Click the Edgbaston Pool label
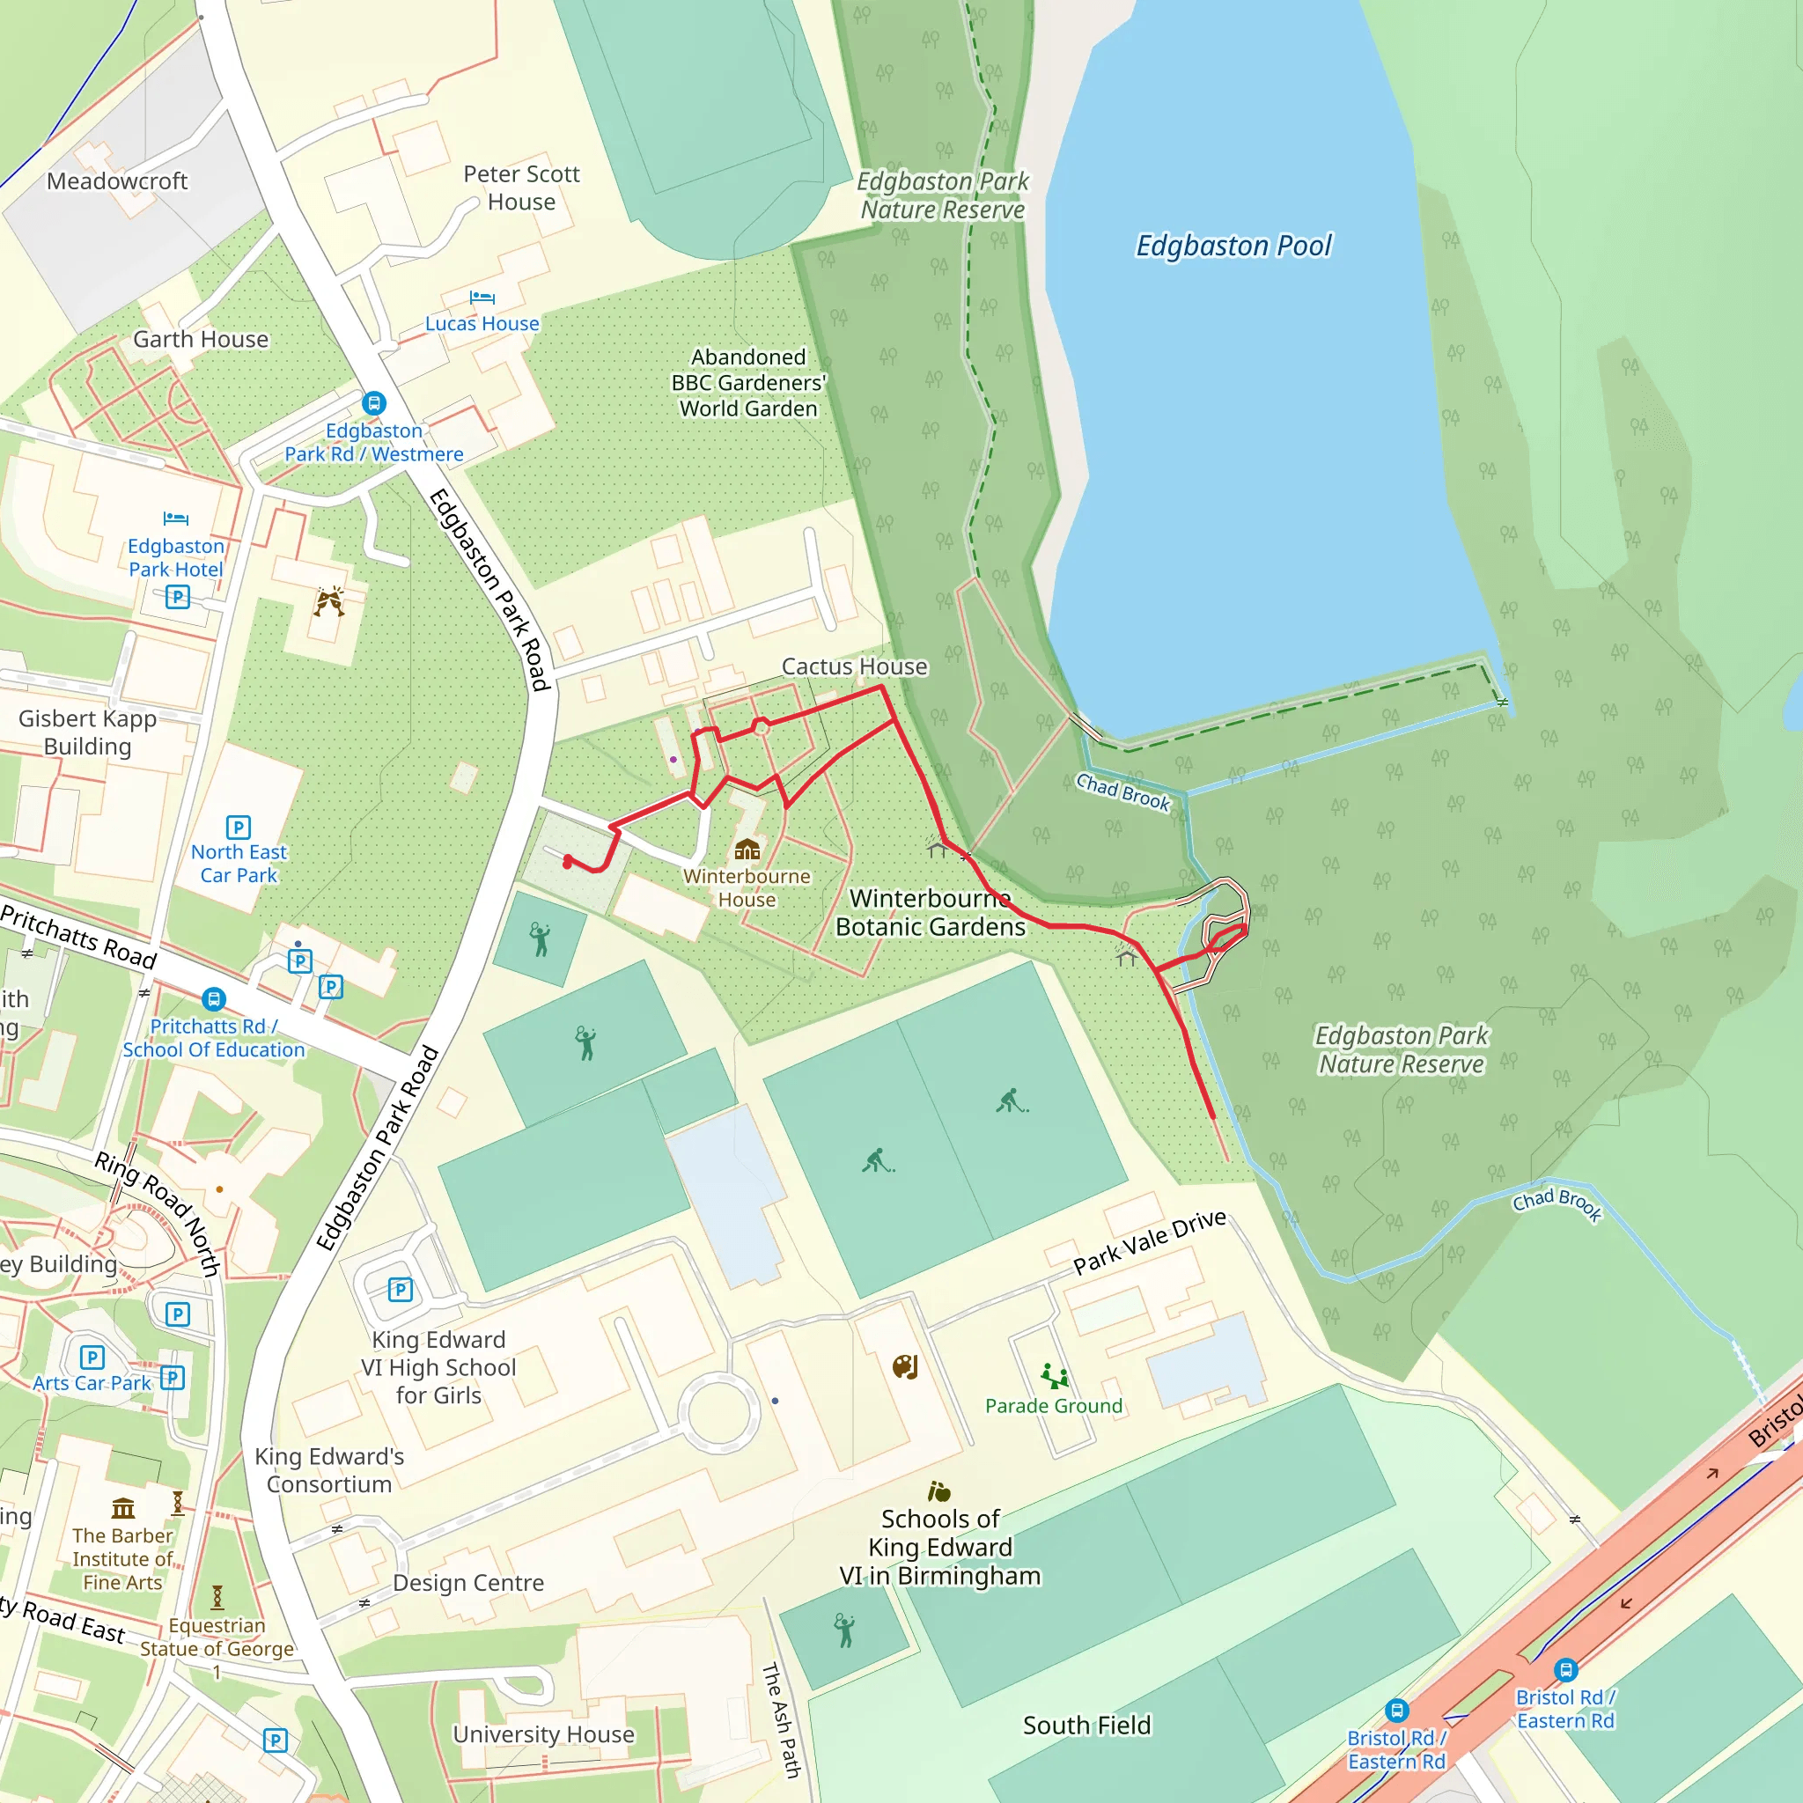(x=1233, y=246)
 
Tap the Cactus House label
(x=854, y=666)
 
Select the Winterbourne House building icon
(x=747, y=849)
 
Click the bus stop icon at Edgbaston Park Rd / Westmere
(x=374, y=403)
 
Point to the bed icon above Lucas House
(x=482, y=298)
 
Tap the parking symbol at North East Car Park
(x=238, y=827)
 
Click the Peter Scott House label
(x=522, y=188)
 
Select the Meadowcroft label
(x=117, y=181)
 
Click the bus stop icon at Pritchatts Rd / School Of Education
(x=214, y=999)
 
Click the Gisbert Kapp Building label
(x=88, y=732)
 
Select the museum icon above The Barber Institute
(x=123, y=1508)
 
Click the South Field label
(x=1086, y=1726)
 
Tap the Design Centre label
(x=467, y=1583)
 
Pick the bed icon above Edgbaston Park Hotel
(x=175, y=519)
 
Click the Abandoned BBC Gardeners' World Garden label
(x=748, y=383)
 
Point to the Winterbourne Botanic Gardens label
(x=931, y=912)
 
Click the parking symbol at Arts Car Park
(x=92, y=1357)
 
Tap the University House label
(x=543, y=1734)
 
